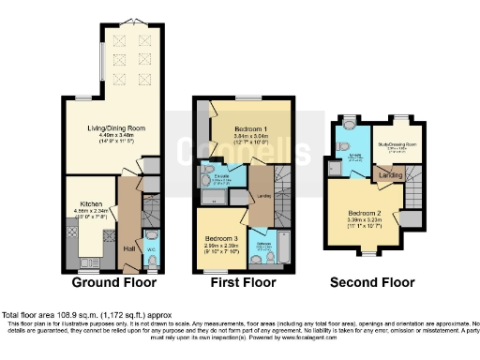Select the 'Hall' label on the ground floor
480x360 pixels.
[x=128, y=247]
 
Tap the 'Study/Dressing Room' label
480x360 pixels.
[x=397, y=143]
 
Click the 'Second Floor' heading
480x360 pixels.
[x=371, y=281]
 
